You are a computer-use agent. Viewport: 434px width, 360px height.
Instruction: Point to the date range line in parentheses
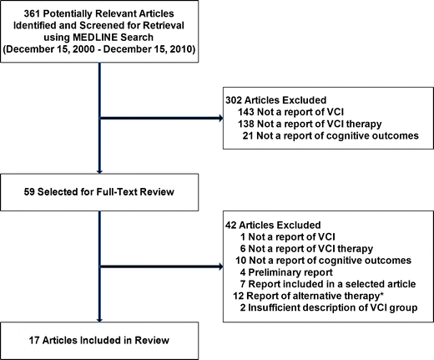coord(99,50)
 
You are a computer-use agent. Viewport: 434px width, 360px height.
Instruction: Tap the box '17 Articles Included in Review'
coord(99,341)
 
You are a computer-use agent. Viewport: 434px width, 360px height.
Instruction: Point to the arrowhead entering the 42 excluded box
coord(219,268)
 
